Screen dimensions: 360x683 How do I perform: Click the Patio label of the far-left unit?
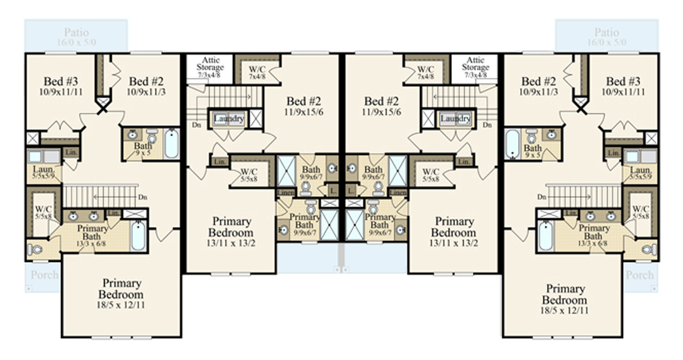click(x=76, y=32)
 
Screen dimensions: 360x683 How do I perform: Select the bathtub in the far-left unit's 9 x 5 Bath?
click(x=171, y=144)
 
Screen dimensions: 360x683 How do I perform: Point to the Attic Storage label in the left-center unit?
click(x=210, y=64)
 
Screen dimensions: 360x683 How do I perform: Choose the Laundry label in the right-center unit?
click(x=455, y=119)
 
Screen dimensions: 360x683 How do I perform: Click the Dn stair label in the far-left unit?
click(x=143, y=197)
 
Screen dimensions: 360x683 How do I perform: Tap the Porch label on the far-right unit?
click(x=639, y=274)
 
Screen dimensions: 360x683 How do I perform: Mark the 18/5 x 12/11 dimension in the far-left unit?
click(x=122, y=305)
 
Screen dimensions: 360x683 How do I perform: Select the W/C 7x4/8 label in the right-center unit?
click(x=425, y=72)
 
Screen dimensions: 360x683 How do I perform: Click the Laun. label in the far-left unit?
click(x=44, y=170)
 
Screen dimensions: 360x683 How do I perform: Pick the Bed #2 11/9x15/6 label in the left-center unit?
click(x=302, y=106)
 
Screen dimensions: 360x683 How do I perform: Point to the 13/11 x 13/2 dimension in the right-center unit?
click(x=454, y=244)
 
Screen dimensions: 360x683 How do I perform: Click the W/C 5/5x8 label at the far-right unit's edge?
click(x=640, y=212)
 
